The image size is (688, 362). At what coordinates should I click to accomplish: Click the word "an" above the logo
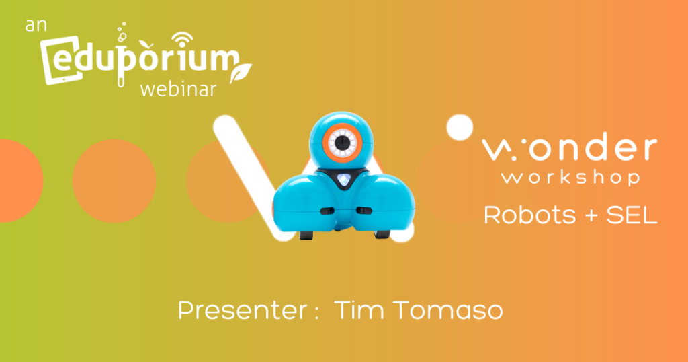click(x=36, y=26)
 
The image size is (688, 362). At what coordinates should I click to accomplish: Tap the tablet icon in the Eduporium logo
click(x=61, y=61)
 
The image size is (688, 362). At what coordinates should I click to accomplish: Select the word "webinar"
click(x=178, y=89)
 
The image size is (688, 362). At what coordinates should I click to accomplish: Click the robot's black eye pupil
click(x=343, y=143)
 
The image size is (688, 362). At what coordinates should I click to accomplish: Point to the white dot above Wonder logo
click(x=460, y=127)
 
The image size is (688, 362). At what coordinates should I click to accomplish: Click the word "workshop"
click(x=571, y=178)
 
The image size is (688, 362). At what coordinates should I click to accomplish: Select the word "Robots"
click(x=529, y=215)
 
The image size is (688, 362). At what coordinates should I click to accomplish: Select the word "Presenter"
click(x=243, y=311)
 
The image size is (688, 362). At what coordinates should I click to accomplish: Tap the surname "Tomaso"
click(x=448, y=310)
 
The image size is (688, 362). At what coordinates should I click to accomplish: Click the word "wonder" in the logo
click(x=570, y=148)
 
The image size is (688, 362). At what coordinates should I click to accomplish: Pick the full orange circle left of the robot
click(x=114, y=181)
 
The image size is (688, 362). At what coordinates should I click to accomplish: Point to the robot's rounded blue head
click(x=342, y=140)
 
